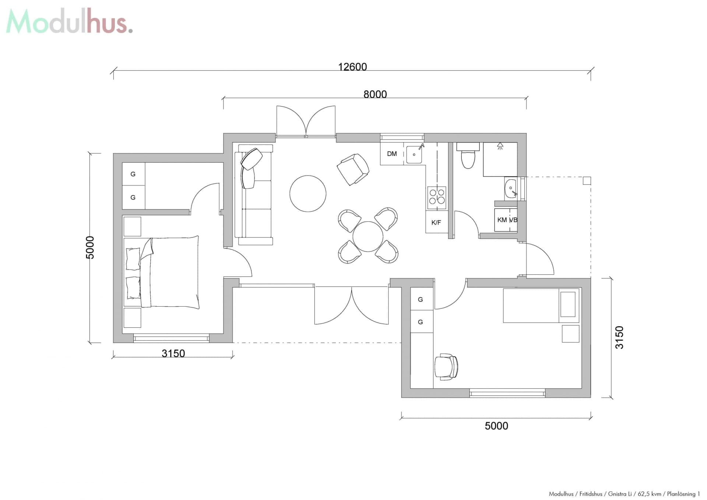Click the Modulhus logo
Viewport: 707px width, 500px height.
tap(69, 21)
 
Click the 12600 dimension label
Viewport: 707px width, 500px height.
tap(352, 67)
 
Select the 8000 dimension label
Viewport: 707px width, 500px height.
tap(375, 95)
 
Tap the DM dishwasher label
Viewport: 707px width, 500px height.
tap(392, 154)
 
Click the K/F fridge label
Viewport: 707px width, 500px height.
tap(436, 222)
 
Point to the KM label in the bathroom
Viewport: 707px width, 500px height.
tap(502, 220)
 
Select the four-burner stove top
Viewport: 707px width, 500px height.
tap(437, 197)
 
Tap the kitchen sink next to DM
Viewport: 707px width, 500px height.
tap(414, 155)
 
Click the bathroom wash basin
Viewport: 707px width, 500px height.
tap(511, 189)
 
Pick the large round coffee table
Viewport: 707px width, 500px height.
tap(308, 194)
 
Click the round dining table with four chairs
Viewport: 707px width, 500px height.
tap(368, 236)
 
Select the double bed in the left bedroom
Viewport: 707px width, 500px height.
tap(169, 272)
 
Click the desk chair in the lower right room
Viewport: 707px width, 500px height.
tap(446, 367)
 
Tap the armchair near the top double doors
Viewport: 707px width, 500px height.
tap(353, 169)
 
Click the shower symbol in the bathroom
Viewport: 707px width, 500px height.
tap(500, 147)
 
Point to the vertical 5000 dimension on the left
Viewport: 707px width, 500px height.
tap(90, 247)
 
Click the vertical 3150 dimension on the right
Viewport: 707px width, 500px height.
tap(619, 337)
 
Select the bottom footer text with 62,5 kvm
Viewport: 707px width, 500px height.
tap(624, 494)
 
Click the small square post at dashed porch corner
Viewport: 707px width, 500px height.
tap(587, 180)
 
